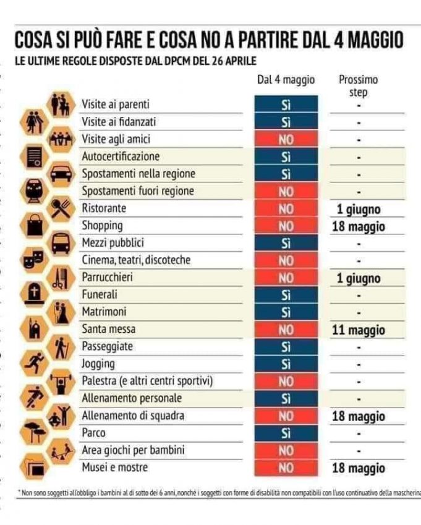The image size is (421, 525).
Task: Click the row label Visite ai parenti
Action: point(116,105)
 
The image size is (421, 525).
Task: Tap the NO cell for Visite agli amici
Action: point(286,140)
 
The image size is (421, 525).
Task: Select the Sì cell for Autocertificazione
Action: point(286,157)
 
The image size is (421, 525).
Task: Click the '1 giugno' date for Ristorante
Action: point(359,209)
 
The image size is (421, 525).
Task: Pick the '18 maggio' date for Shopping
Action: point(359,226)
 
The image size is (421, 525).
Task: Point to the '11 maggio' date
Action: point(359,330)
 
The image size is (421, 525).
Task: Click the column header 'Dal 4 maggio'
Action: point(286,80)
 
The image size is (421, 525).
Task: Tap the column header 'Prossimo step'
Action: point(359,86)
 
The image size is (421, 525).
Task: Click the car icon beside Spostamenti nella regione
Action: point(61,173)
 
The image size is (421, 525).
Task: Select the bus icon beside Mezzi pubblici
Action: point(61,243)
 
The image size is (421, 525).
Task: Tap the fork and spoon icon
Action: point(61,208)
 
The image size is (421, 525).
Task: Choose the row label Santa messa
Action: point(109,330)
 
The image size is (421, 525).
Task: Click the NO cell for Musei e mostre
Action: point(286,468)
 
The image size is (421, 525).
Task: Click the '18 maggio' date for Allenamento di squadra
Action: point(359,417)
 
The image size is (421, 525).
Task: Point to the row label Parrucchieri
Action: point(108,278)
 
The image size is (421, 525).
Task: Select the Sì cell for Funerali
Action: point(286,296)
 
